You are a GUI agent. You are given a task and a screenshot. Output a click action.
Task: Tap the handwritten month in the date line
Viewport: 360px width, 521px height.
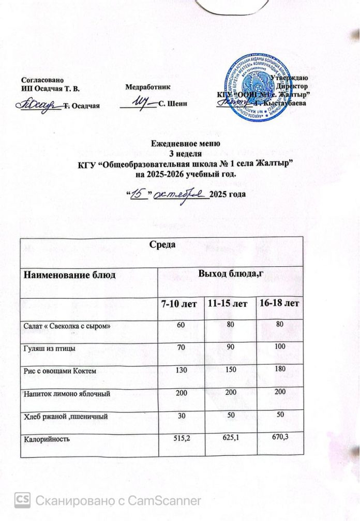183,193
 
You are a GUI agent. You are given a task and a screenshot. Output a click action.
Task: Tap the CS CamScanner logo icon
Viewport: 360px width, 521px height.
23,499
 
